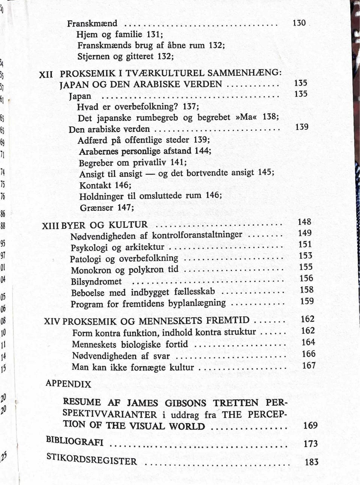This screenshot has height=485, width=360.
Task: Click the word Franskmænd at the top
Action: coord(92,24)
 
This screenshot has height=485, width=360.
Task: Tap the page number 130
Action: coord(299,23)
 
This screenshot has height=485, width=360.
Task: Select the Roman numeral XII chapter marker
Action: coord(46,74)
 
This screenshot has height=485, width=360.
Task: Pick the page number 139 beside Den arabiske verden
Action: coord(301,127)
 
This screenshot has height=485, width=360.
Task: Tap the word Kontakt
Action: coord(95,185)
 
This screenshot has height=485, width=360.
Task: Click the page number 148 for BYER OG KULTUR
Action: coord(304,222)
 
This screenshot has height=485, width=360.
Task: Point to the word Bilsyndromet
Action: coord(96,282)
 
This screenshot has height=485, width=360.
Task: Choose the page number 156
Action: coord(306,278)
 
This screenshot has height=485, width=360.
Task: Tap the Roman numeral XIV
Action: coord(52,321)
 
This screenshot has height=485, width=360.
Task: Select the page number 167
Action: coord(309,365)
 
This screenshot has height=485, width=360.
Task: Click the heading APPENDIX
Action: coord(68,384)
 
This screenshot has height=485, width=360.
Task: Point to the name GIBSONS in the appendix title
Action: coord(186,403)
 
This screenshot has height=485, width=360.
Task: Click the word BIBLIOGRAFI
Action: coord(74,441)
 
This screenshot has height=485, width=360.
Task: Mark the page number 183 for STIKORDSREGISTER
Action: coord(311,462)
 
